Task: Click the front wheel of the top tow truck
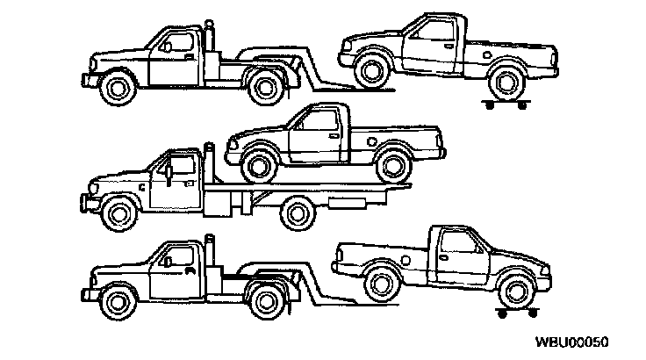click(117, 86)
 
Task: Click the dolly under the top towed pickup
click(505, 104)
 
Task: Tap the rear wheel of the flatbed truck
click(297, 212)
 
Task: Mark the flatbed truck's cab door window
click(179, 165)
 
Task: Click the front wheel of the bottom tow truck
click(117, 301)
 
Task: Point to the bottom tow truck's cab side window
click(178, 256)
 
